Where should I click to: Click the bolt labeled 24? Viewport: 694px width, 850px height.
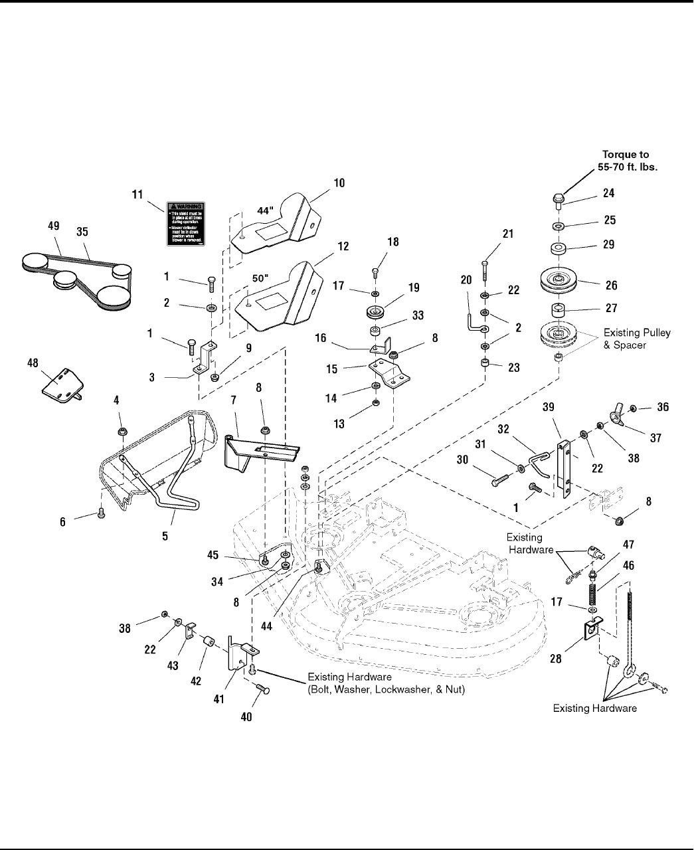[558, 199]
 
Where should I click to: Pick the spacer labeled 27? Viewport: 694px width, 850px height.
[557, 309]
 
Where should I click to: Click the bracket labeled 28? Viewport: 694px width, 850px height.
[591, 629]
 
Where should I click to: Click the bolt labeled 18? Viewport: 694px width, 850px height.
[376, 272]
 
